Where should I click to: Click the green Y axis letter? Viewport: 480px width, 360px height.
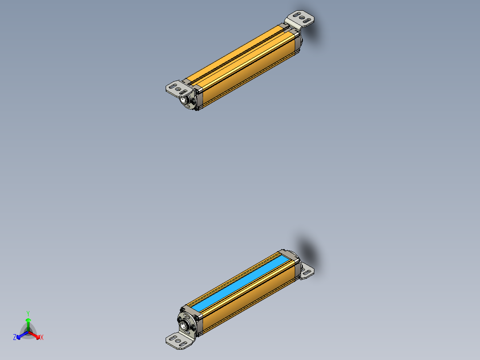click(28, 313)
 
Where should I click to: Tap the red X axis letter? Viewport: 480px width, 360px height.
click(42, 338)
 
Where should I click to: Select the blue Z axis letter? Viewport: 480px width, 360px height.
click(15, 338)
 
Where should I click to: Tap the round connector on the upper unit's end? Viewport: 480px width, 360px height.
click(185, 100)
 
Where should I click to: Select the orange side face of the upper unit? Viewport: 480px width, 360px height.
click(249, 76)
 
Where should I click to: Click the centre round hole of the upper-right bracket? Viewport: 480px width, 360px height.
click(302, 18)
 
